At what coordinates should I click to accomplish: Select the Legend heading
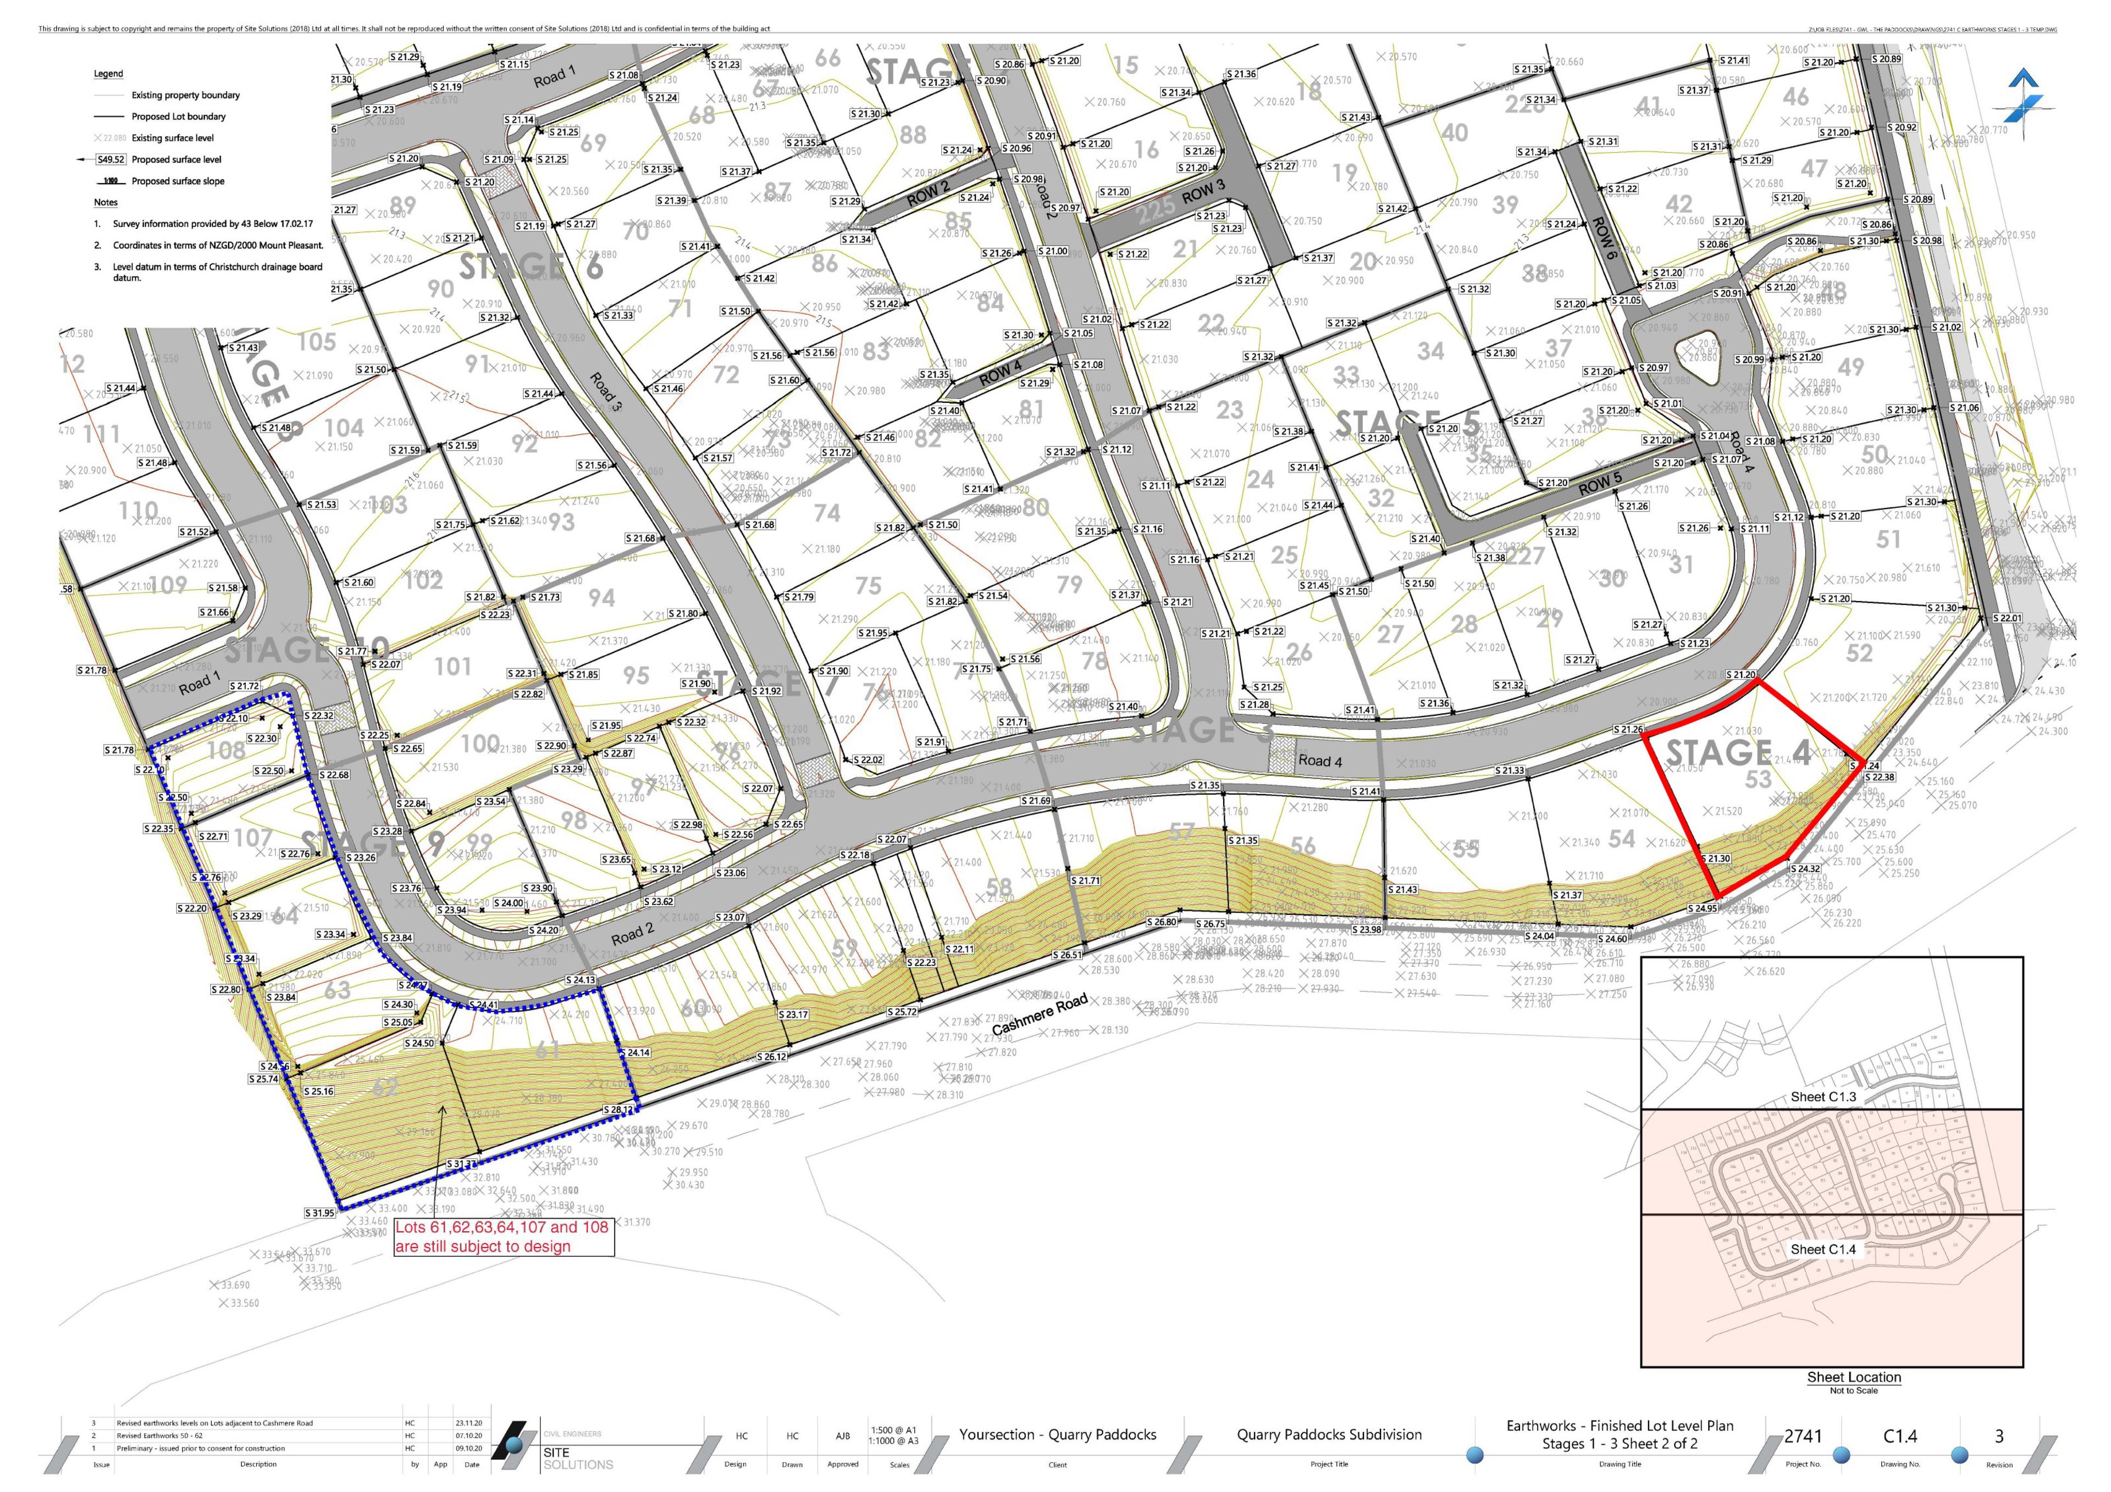[x=108, y=74]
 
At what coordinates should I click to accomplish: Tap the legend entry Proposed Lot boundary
[x=178, y=117]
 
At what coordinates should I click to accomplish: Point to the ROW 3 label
[x=1203, y=193]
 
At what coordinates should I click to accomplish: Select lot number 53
[x=1758, y=780]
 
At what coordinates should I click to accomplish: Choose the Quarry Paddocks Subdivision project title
[x=1329, y=1434]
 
